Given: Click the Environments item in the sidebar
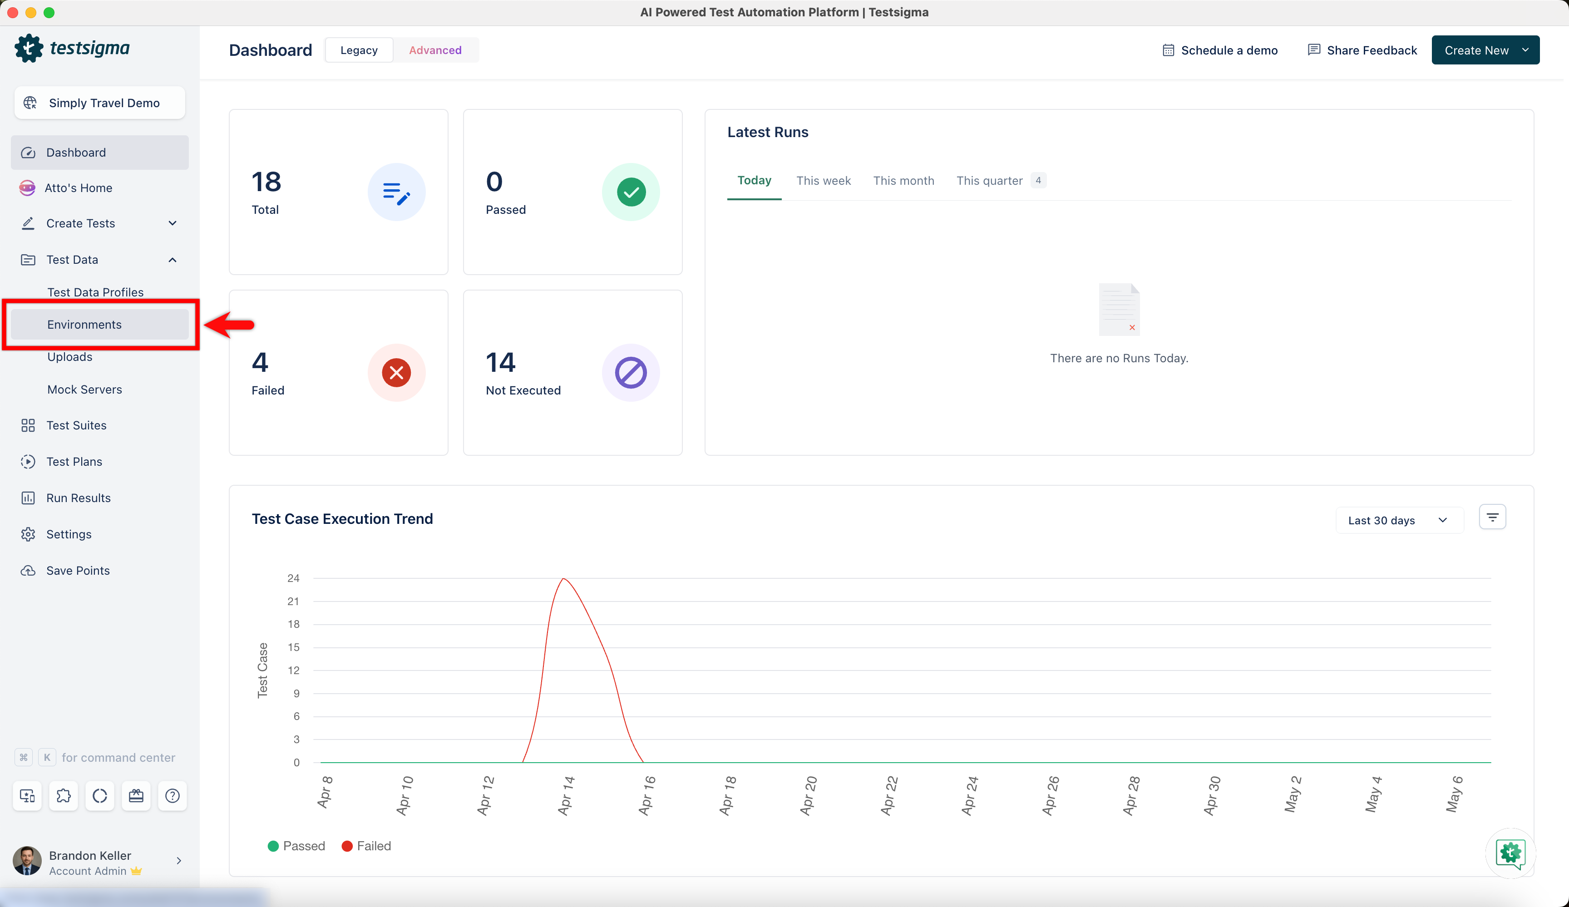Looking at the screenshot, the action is pos(85,324).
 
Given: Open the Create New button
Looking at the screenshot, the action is pos(1485,50).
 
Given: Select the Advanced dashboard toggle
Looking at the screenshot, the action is pos(435,50).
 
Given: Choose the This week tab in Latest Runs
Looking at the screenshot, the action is pos(823,181).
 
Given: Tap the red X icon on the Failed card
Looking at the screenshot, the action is pos(397,372).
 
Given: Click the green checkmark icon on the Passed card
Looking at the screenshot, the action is pos(631,192).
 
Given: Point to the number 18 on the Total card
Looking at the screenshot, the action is pos(266,182).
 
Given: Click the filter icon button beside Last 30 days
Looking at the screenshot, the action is pos(1492,517).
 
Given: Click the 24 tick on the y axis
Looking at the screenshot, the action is pos(293,578).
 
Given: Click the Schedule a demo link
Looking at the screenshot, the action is pos(1220,50).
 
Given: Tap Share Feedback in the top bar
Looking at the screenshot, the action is pos(1362,50).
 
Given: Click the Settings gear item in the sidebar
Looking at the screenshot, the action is pos(69,534).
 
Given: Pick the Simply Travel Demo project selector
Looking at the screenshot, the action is pos(99,103).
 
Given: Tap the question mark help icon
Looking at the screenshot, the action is pos(173,796).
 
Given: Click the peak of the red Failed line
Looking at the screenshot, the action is pos(563,579).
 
